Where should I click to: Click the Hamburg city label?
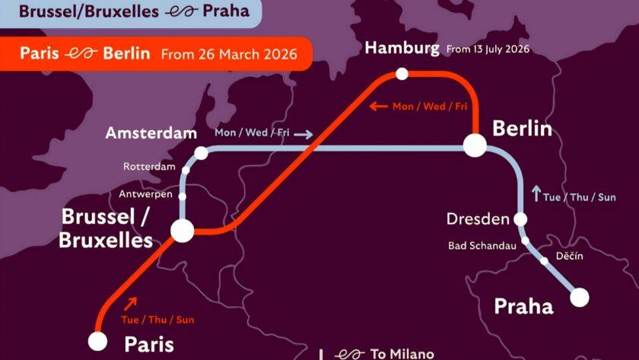[402, 49]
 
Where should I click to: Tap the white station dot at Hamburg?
[402, 74]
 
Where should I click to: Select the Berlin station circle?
[475, 145]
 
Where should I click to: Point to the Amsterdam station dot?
[201, 153]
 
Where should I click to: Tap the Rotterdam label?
[149, 167]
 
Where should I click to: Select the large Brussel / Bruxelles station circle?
[182, 230]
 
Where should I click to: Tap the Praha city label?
[523, 307]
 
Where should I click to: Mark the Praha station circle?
[580, 296]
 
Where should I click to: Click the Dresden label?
[478, 220]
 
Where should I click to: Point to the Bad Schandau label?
[482, 245]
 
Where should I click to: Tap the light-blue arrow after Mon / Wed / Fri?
[304, 134]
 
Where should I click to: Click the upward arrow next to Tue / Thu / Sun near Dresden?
[536, 193]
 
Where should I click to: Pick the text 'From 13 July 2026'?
[488, 49]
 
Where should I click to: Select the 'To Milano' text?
[402, 354]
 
